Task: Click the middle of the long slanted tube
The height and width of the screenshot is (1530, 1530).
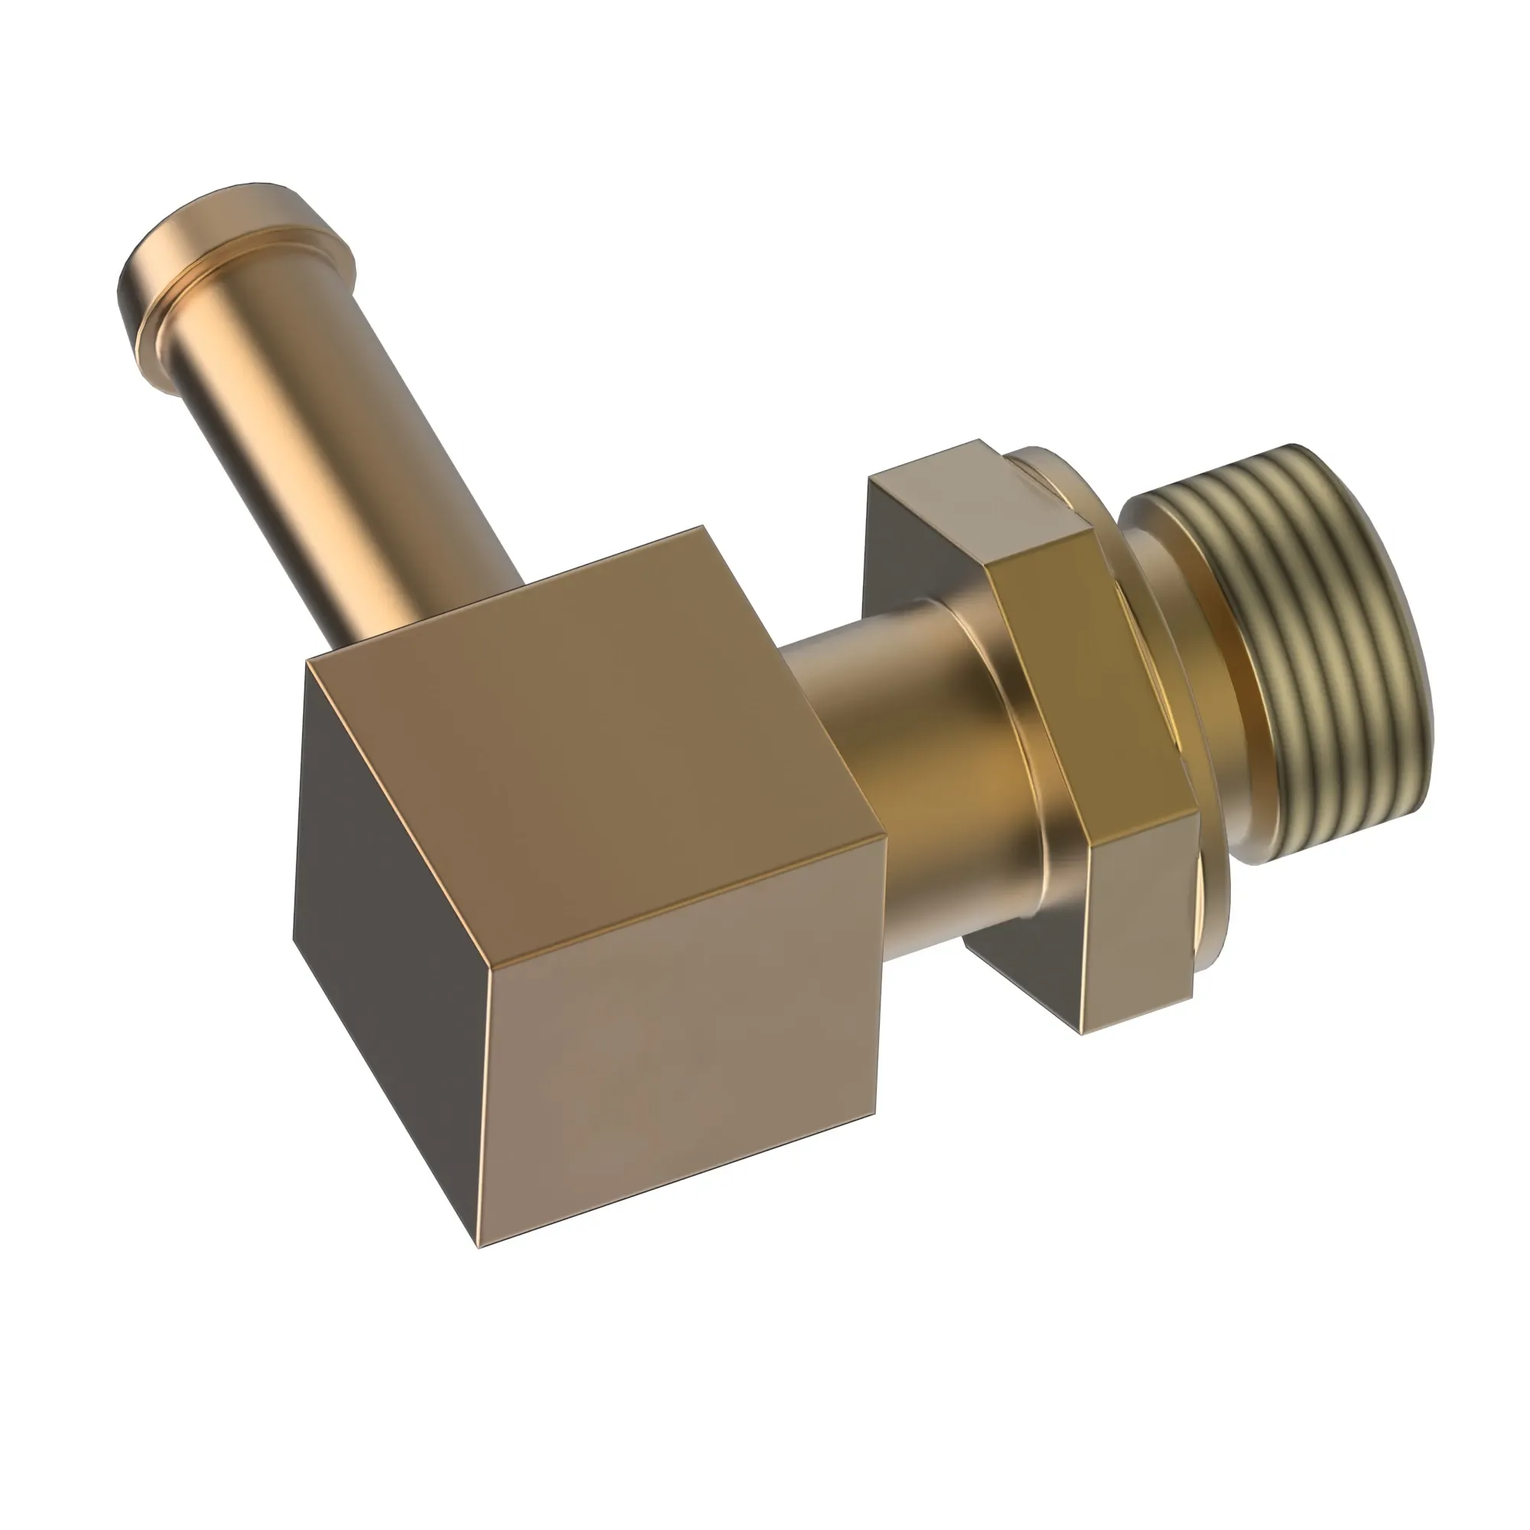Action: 333,444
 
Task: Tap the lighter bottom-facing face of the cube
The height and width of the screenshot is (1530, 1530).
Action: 681,1069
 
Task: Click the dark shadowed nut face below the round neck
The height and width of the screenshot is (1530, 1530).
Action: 1021,966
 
